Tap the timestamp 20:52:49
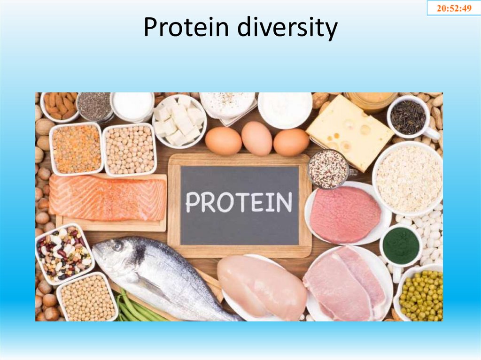[x=454, y=8]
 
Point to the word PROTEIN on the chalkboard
[x=239, y=202]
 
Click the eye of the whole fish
[x=117, y=245]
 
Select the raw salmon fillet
[x=108, y=198]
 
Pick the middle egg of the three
[x=256, y=138]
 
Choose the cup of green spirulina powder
[x=401, y=245]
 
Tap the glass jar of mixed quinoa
[x=328, y=169]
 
